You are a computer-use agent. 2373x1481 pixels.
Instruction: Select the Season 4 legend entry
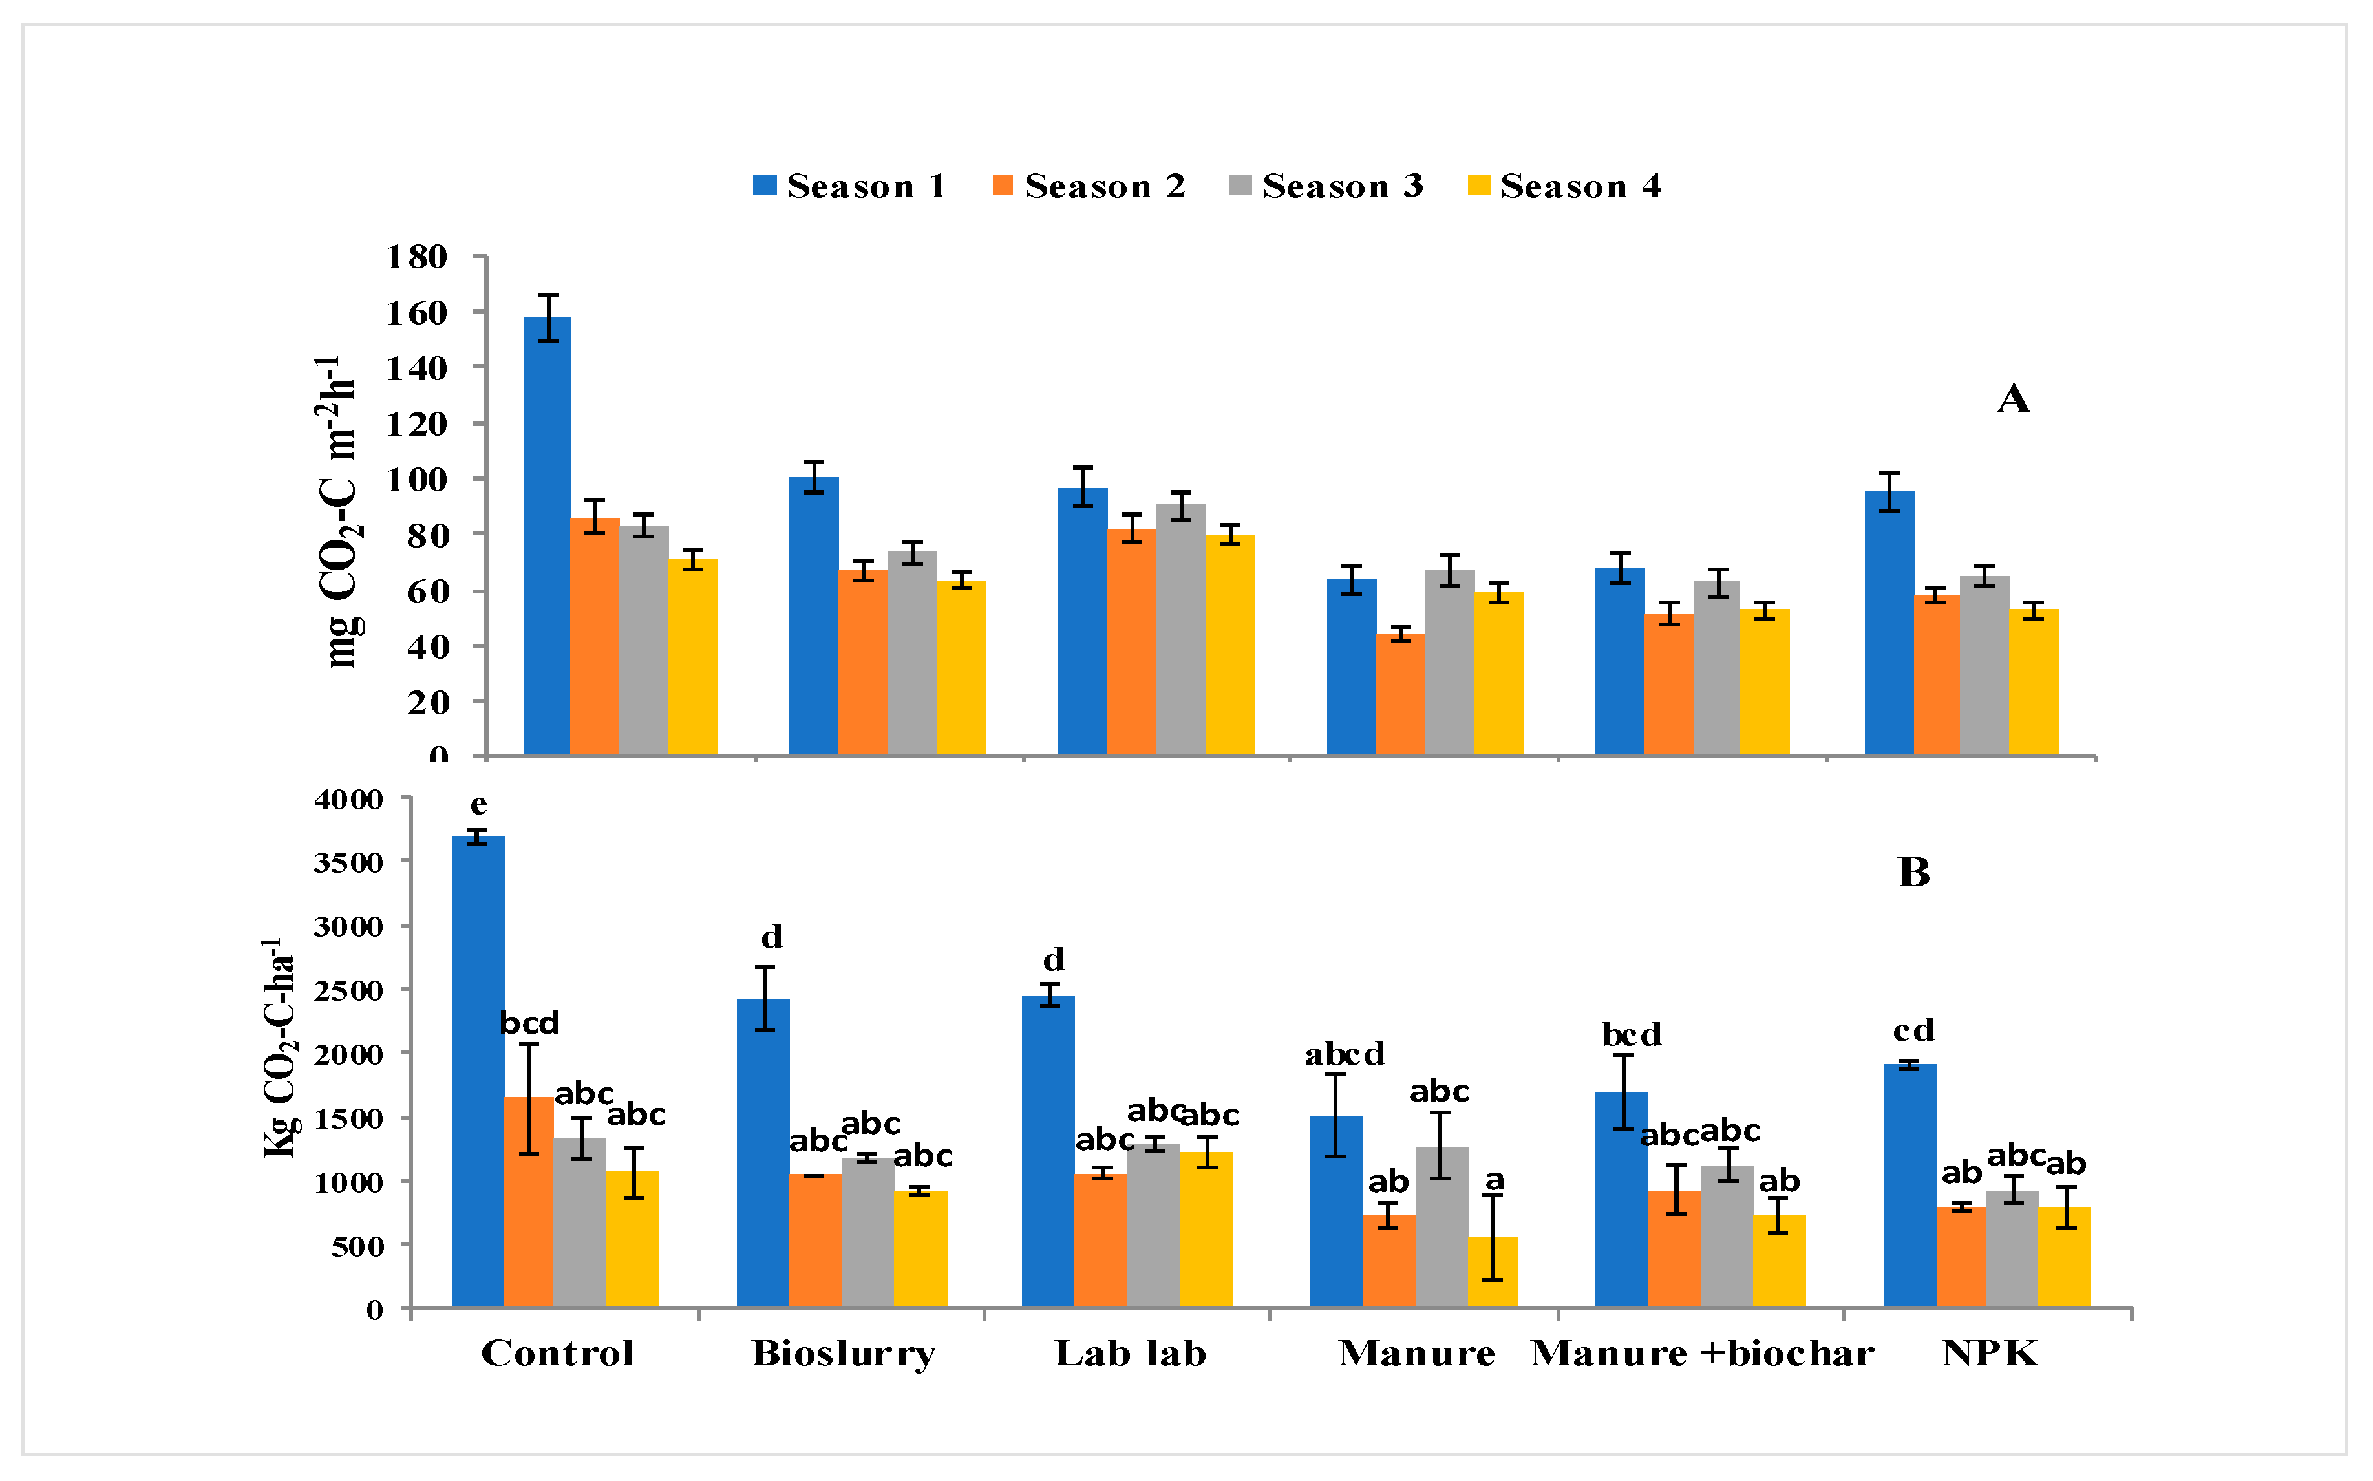1564,186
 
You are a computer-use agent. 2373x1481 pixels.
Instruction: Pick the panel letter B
1913,872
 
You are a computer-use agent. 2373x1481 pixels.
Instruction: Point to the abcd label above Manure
1344,1055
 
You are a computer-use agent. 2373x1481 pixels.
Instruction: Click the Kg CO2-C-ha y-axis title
279,1048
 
